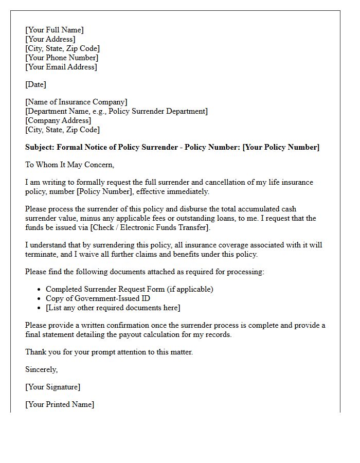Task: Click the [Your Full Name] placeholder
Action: (54, 30)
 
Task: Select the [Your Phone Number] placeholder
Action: (61, 58)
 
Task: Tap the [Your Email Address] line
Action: (61, 67)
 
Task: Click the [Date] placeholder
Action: (35, 84)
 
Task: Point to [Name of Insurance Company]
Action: (76, 102)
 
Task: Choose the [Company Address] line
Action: (58, 120)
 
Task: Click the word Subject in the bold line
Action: (39, 147)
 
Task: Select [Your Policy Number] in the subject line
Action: (281, 147)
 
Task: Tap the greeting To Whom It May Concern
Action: (69, 165)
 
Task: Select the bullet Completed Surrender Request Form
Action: (129, 289)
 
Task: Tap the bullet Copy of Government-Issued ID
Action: (98, 298)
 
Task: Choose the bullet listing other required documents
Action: (113, 308)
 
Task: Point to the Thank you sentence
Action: (109, 352)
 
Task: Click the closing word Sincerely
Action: (41, 369)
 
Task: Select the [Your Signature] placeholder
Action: (52, 387)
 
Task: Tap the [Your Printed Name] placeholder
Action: (60, 404)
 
